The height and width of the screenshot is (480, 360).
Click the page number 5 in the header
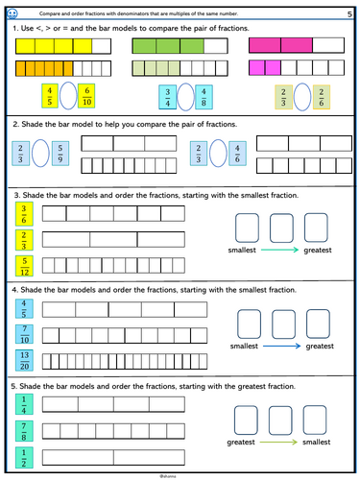point(348,14)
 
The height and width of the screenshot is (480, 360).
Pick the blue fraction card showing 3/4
point(164,99)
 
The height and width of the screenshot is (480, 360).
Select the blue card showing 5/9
point(60,154)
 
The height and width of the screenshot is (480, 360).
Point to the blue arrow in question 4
point(283,346)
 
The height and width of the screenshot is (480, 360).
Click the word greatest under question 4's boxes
point(320,346)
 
